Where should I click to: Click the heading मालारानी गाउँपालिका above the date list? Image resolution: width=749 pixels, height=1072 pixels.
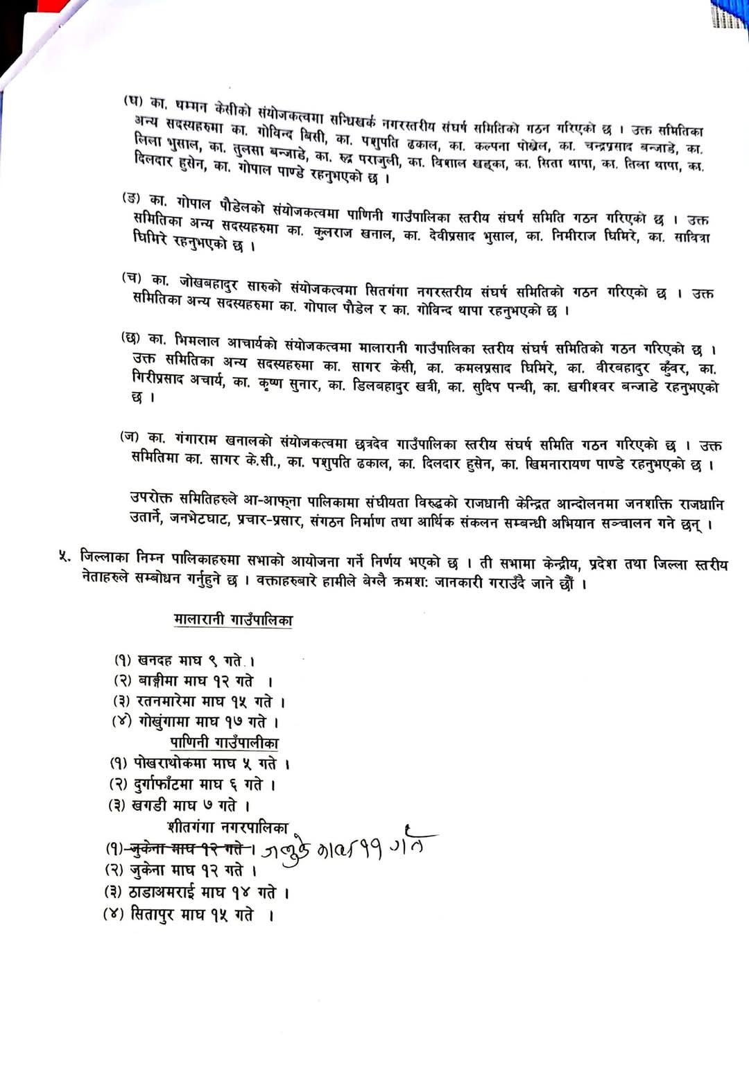coord(233,620)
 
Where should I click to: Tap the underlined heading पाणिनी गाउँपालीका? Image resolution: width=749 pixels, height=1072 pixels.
coord(224,743)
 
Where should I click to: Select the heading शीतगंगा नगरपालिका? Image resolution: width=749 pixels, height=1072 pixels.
coord(227,827)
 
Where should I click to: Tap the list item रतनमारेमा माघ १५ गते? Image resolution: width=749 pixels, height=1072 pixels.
coord(199,701)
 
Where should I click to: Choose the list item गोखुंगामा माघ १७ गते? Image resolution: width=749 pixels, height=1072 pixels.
coord(196,722)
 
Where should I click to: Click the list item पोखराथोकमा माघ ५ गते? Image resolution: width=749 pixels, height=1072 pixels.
coord(200,764)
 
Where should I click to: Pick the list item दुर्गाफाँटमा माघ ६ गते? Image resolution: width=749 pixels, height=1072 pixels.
coord(193,784)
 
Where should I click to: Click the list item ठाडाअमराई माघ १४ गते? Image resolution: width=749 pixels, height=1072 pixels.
coord(196,893)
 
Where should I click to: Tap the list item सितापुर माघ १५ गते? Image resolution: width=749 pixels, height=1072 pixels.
coord(187,915)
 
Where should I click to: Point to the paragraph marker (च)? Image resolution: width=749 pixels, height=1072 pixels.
coord(132,279)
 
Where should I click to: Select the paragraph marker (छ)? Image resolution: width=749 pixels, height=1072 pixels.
coord(130,338)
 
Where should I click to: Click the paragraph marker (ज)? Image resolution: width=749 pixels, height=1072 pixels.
coord(130,437)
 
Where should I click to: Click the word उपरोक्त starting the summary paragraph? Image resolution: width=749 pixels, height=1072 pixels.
coord(153,498)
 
